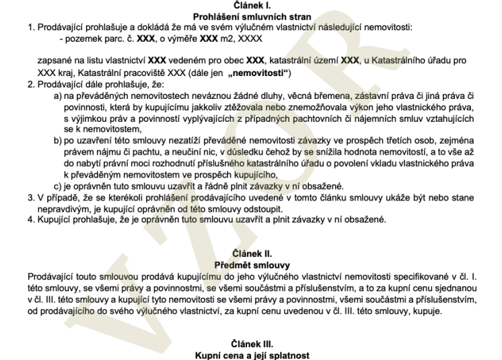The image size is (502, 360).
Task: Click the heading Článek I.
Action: click(251, 5)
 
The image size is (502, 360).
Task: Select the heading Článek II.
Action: click(251, 254)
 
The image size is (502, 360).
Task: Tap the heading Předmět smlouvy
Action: click(251, 264)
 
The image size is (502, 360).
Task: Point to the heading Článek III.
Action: click(251, 342)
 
